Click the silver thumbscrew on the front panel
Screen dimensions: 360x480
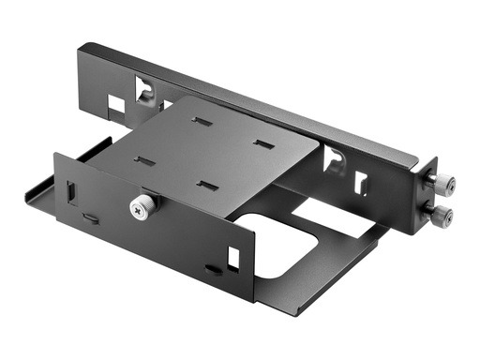pos(142,207)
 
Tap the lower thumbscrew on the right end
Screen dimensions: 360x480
pos(442,217)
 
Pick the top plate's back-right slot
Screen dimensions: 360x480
pos(263,146)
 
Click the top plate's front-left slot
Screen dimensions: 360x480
pos(144,160)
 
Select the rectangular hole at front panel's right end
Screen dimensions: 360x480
pos(232,254)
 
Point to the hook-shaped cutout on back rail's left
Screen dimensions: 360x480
pos(145,92)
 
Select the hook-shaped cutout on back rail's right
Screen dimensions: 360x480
pos(333,161)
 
